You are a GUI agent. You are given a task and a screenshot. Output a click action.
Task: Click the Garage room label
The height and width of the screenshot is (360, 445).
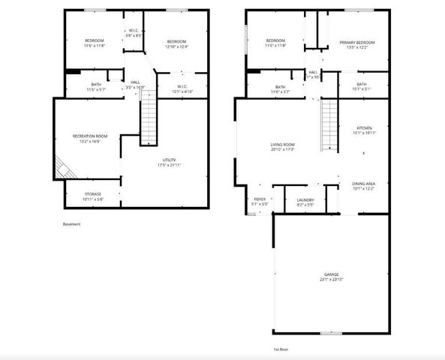tap(332, 275)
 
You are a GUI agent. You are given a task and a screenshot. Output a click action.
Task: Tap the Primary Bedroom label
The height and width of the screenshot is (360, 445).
tap(356, 42)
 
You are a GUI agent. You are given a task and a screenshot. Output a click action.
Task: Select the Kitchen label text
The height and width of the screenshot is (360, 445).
tap(364, 128)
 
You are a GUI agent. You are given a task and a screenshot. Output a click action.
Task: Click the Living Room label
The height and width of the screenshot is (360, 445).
tap(282, 144)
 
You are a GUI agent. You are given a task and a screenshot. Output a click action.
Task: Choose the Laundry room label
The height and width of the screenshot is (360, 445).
tap(305, 199)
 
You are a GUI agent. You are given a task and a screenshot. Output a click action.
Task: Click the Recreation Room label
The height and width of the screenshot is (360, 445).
tap(89, 136)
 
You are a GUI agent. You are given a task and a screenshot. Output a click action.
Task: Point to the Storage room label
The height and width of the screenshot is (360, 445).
tap(93, 193)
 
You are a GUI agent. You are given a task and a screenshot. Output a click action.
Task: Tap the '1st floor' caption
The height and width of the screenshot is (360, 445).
tap(281, 349)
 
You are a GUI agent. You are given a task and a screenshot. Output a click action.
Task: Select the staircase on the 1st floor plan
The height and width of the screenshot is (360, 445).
tap(330, 118)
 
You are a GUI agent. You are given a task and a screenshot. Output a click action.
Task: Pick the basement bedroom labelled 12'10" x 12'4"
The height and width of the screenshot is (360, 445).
tap(176, 44)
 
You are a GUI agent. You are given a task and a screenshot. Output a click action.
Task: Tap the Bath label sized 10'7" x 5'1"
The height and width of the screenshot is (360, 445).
tap(362, 86)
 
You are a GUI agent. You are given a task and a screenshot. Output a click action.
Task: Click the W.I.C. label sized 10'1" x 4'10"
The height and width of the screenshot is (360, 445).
tap(182, 88)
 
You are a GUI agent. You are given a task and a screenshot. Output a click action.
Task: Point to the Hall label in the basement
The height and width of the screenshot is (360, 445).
tap(135, 82)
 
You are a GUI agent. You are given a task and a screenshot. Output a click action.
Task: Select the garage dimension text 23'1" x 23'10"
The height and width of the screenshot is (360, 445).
tap(332, 280)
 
